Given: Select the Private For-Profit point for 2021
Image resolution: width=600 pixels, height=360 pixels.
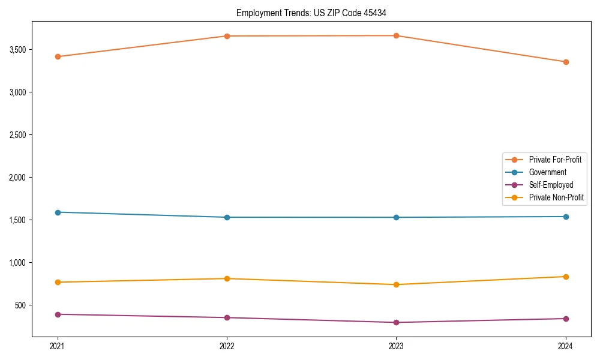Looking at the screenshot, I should pos(58,56).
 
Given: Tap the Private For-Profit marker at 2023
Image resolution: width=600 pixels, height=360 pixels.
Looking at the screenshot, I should pos(396,35).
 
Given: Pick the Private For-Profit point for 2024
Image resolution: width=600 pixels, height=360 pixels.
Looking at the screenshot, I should pos(566,62).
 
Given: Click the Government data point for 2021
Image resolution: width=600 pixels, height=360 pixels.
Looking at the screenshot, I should pos(58,212).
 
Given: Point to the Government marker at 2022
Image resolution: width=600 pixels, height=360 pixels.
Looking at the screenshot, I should pos(227,217).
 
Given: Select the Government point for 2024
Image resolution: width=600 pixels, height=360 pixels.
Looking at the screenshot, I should pos(566,217).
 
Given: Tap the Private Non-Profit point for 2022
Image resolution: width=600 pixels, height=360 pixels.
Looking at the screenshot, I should pos(227,278).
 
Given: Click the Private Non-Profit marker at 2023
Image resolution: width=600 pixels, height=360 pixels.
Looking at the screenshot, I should pos(396,284).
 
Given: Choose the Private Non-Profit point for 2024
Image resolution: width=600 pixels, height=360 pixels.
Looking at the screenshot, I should pos(566,277).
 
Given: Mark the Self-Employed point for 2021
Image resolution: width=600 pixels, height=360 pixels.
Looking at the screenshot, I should pos(58,314).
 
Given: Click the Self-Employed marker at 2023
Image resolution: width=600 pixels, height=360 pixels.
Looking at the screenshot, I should pos(396,322).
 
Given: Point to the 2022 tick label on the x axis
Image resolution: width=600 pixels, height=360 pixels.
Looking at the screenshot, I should pos(227,346).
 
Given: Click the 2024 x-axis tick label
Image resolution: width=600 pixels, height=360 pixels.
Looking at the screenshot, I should pos(566,346).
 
